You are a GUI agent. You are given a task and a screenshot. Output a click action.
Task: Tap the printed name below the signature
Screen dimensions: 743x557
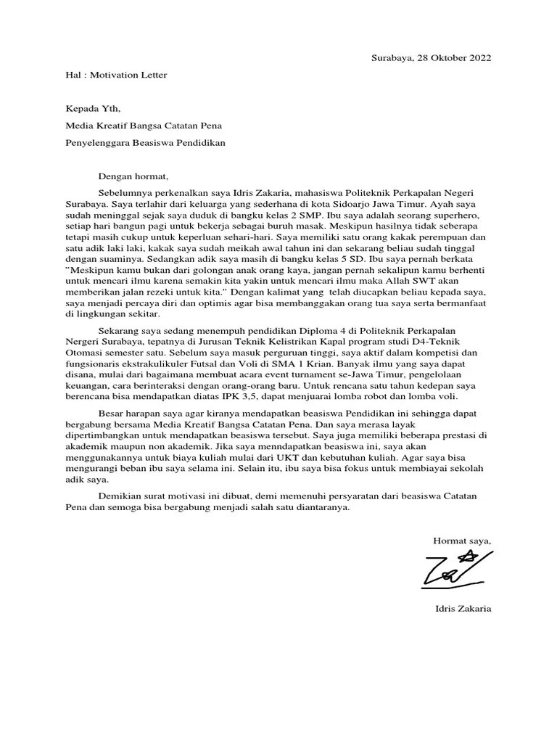click(x=458, y=608)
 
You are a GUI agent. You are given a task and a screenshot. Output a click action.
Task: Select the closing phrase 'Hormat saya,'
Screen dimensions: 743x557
click(x=462, y=540)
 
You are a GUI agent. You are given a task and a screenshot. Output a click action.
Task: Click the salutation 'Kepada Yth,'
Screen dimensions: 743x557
click(x=90, y=110)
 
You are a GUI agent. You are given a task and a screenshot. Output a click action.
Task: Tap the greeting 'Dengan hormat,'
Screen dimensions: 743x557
click(x=133, y=176)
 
